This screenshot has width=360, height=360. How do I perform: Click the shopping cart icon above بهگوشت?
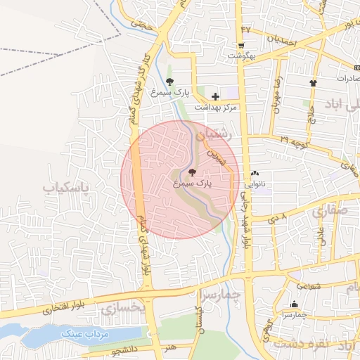click(240, 44)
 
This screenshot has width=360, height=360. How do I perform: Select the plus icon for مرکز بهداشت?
click(215, 96)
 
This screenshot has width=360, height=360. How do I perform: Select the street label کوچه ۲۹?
click(295, 141)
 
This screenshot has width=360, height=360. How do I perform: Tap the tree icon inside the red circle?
click(193, 172)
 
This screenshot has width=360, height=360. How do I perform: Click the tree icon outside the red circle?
click(169, 82)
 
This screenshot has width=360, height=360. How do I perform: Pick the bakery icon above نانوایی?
click(255, 173)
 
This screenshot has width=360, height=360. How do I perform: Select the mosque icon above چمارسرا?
click(294, 304)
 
